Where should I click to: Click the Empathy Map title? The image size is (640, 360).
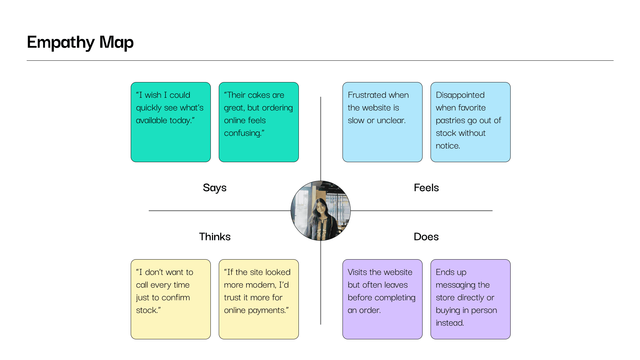click(80, 42)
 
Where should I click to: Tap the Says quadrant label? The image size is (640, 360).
click(214, 188)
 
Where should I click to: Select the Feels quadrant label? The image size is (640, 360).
click(426, 188)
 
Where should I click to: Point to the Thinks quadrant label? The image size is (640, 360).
click(214, 237)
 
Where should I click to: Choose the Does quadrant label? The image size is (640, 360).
click(426, 237)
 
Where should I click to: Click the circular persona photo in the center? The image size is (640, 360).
click(321, 211)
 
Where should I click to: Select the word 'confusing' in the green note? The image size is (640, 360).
click(242, 133)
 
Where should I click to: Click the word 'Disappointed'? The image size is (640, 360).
click(460, 95)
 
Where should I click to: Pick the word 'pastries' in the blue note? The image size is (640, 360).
click(451, 121)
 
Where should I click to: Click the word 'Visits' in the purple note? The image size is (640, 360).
click(357, 272)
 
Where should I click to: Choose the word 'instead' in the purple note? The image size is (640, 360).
click(449, 323)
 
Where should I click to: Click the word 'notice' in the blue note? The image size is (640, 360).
click(447, 146)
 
